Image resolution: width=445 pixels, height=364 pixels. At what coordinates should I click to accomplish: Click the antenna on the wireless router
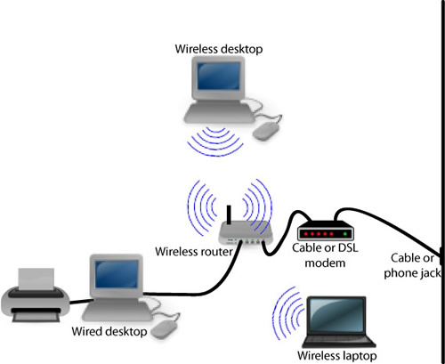click(x=228, y=216)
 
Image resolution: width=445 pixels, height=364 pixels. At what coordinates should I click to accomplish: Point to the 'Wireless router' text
click(x=194, y=252)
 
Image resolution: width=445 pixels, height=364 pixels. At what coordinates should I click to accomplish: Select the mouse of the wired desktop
click(x=165, y=330)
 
